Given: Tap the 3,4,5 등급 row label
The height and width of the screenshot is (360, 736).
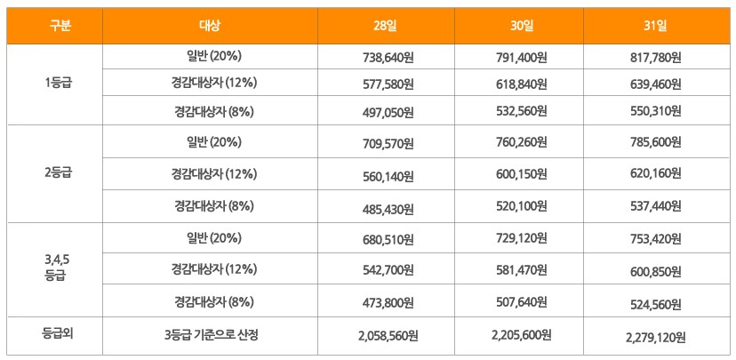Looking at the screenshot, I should pyautogui.click(x=55, y=268).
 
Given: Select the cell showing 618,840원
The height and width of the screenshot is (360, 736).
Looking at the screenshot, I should pyautogui.click(x=521, y=84).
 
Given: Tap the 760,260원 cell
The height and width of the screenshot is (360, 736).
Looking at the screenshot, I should pyautogui.click(x=521, y=142).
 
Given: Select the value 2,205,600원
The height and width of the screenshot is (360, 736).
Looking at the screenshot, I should pyautogui.click(x=521, y=335).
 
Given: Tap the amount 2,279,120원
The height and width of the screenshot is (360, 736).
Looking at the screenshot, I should pyautogui.click(x=655, y=337).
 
